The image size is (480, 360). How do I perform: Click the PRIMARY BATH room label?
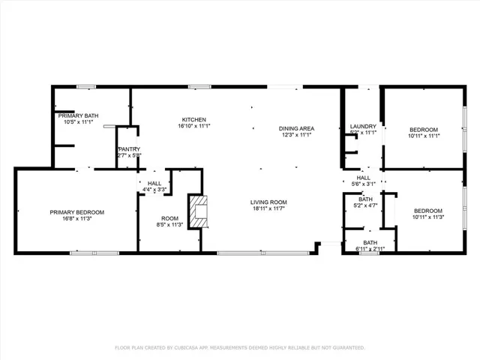tap(79, 115)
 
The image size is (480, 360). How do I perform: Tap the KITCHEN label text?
tap(193, 120)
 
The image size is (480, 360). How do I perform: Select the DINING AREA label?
tap(296, 128)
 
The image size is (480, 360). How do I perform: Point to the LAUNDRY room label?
tap(363, 126)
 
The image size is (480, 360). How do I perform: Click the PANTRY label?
tap(129, 149)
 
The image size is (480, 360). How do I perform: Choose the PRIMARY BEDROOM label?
tap(77, 212)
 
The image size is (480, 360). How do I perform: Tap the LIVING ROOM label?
tap(268, 202)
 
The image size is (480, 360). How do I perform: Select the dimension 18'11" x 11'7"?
tap(268, 208)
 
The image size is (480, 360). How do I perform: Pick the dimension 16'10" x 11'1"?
tap(193, 126)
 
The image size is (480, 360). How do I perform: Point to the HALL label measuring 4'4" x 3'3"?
tap(154, 183)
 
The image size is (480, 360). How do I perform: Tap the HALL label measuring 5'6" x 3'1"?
tap(363, 178)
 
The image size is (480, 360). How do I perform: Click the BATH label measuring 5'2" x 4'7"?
tap(365, 199)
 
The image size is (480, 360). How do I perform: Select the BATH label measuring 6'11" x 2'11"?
tap(370, 242)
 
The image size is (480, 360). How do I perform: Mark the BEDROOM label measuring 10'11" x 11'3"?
tap(428, 211)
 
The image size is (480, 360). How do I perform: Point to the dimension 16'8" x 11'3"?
tap(77, 218)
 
